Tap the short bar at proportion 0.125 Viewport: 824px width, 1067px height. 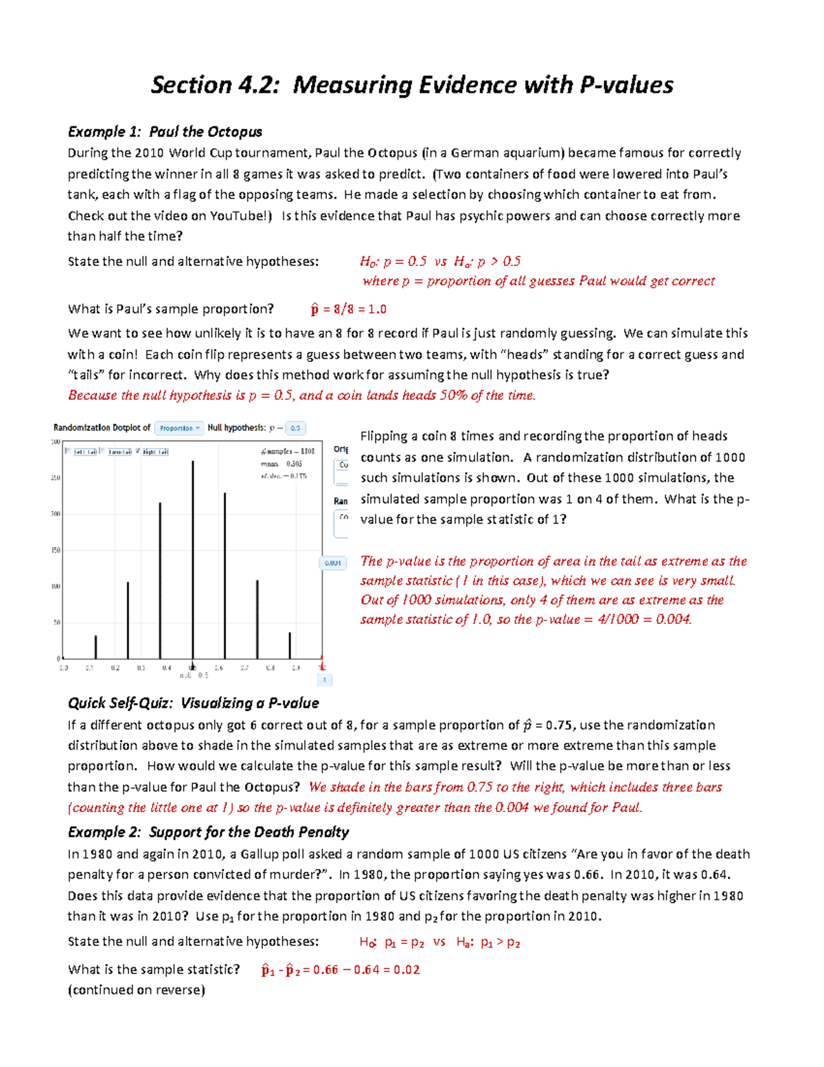[95, 647]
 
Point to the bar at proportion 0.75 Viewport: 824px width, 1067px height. [257, 618]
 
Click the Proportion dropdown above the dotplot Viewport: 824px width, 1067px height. [179, 428]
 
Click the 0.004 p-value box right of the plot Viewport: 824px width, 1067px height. [333, 563]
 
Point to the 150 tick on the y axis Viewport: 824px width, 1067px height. [56, 550]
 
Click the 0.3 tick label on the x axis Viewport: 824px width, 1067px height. [141, 667]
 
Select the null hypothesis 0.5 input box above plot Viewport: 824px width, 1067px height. [295, 428]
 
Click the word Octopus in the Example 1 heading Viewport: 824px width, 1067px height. [235, 132]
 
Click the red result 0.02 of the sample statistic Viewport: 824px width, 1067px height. [407, 969]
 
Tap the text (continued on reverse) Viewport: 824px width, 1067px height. [136, 990]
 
